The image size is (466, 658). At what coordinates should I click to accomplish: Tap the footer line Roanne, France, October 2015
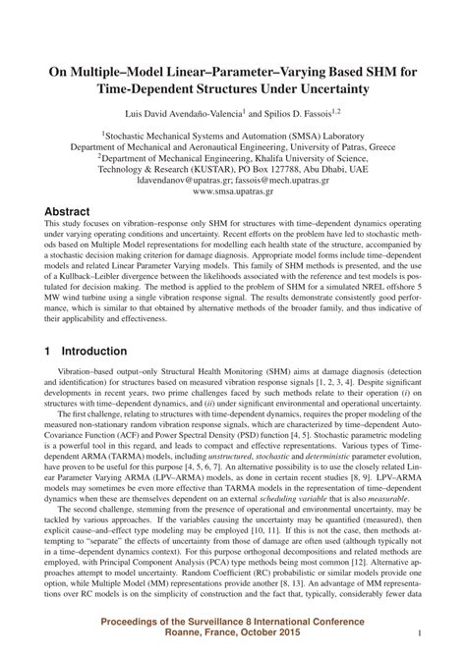(232, 636)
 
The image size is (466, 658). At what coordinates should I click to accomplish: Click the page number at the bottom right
(420, 634)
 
